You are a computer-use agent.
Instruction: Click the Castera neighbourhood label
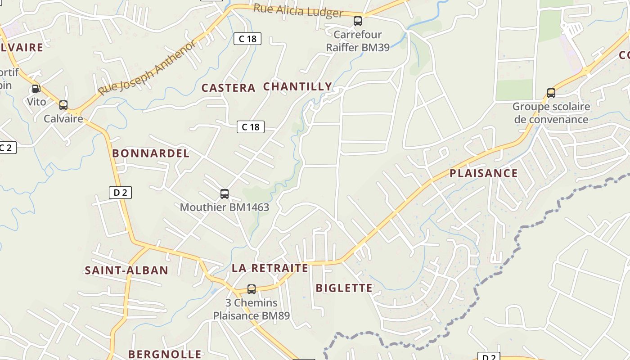click(228, 88)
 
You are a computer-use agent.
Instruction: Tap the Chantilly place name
click(297, 86)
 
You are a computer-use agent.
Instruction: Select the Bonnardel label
click(151, 153)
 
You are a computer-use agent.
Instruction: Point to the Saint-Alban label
click(126, 270)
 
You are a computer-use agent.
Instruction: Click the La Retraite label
click(270, 268)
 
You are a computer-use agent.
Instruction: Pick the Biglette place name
click(344, 288)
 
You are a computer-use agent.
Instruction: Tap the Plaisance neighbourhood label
click(484, 173)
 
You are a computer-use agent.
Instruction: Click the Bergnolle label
click(165, 354)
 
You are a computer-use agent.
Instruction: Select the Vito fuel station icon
click(36, 89)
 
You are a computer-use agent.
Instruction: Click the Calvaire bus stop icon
click(63, 105)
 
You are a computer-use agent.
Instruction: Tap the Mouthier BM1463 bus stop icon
click(225, 194)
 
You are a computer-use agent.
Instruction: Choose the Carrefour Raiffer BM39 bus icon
click(358, 21)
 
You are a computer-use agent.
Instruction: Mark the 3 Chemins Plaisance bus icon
click(252, 289)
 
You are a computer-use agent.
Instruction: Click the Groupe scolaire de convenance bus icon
click(551, 93)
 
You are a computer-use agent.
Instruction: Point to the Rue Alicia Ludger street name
click(298, 11)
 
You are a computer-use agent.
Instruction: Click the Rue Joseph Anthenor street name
click(147, 68)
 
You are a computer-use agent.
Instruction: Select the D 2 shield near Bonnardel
click(120, 193)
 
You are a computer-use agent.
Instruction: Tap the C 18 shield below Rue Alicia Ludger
click(247, 39)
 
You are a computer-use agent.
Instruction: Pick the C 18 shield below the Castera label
click(251, 127)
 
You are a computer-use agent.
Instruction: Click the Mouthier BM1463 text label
click(225, 207)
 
